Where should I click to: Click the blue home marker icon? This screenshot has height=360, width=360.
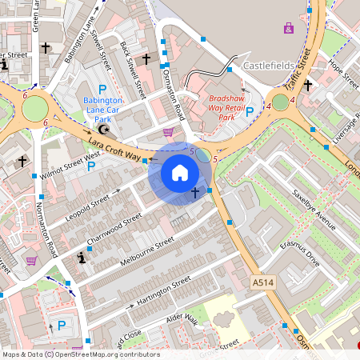(180, 173)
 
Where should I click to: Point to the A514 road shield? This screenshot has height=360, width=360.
(262, 283)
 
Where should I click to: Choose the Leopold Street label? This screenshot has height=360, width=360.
(89, 201)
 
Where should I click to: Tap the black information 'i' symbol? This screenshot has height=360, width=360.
(81, 258)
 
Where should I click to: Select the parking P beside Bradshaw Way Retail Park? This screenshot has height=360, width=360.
(250, 111)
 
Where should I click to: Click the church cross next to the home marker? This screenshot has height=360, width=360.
(196, 192)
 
